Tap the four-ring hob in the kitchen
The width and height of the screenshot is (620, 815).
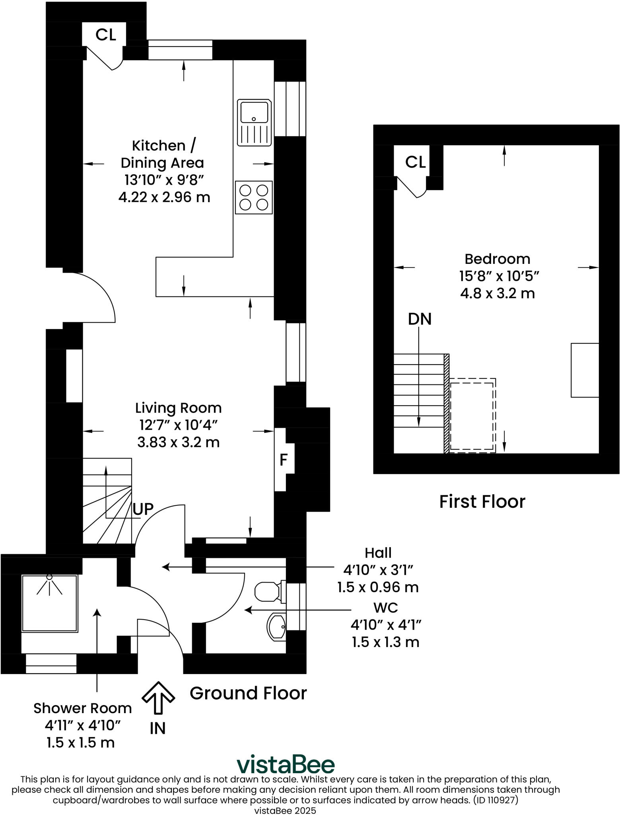click(254, 197)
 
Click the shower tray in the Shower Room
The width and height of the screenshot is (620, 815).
click(49, 603)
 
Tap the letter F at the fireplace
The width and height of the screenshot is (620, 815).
click(284, 460)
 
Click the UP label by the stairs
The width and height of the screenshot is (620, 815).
click(143, 509)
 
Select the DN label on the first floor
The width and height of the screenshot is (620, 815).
click(420, 319)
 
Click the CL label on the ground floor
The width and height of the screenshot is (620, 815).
click(106, 35)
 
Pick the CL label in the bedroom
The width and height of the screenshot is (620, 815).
click(415, 162)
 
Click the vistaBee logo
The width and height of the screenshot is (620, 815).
click(286, 764)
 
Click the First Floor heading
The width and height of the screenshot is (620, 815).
click(482, 502)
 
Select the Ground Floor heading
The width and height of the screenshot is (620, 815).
click(248, 693)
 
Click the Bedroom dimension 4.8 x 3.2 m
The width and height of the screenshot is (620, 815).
click(497, 294)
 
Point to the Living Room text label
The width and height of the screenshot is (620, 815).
click(178, 408)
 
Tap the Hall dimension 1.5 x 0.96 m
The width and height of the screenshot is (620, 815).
click(378, 587)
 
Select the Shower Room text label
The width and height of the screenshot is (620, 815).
click(82, 708)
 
